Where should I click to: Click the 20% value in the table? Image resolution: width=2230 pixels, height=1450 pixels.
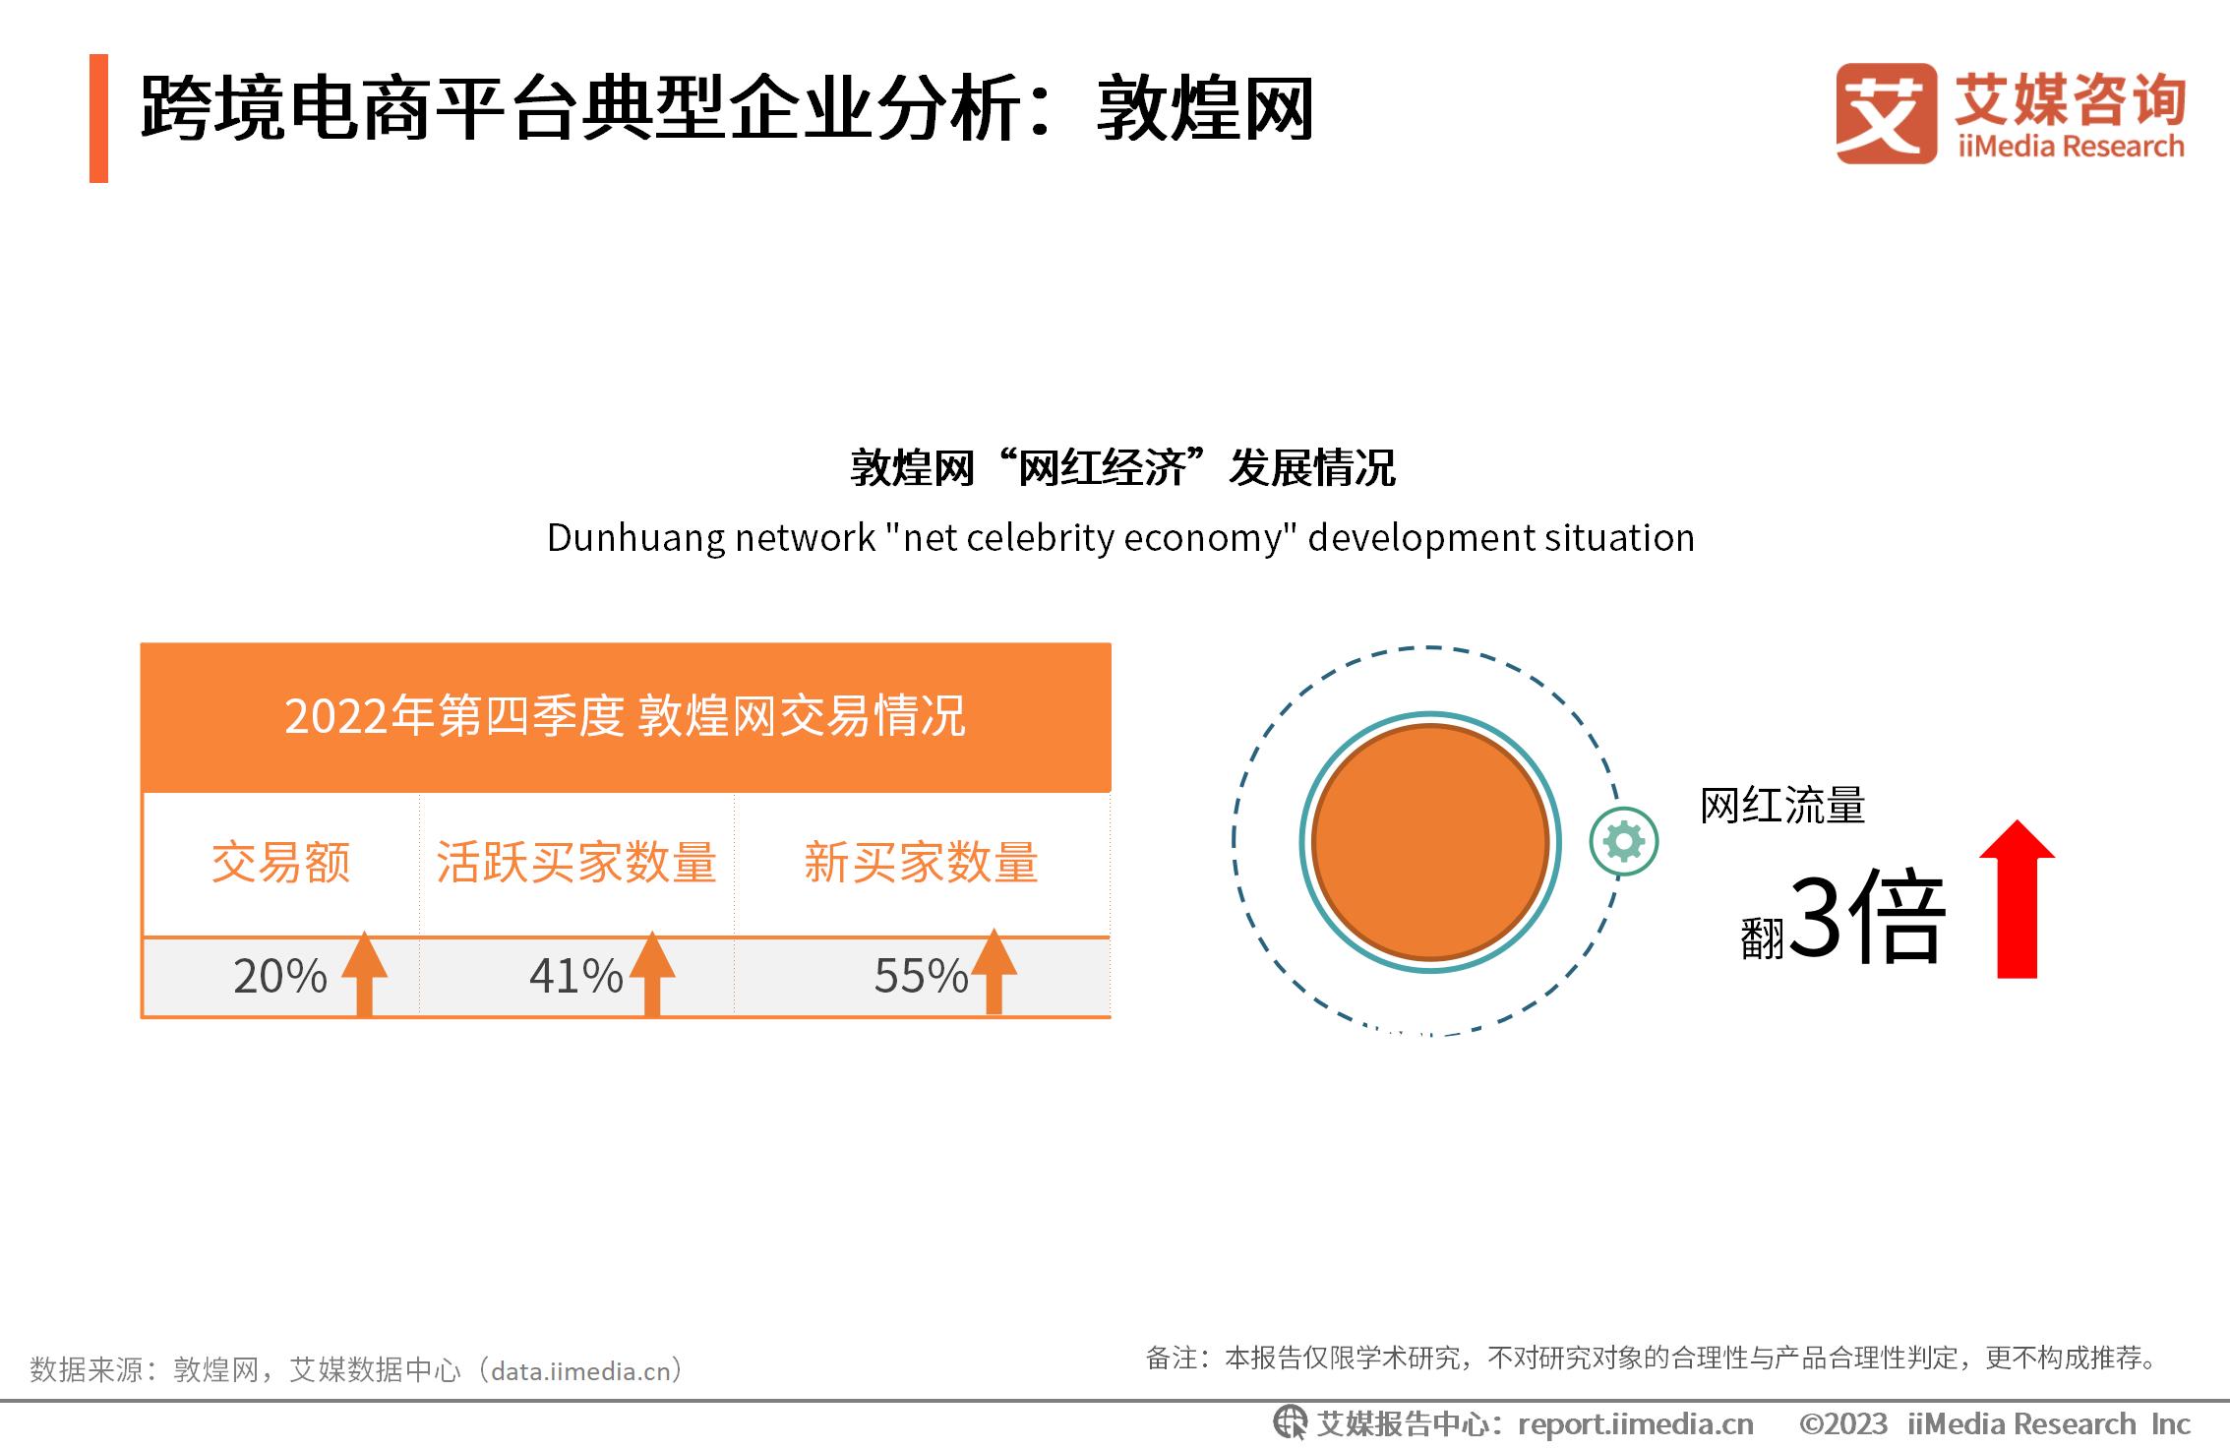pyautogui.click(x=279, y=976)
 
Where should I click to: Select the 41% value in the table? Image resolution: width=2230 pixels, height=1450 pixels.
pyautogui.click(x=575, y=976)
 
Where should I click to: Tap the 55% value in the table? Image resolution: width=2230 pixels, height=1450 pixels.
pyautogui.click(x=921, y=976)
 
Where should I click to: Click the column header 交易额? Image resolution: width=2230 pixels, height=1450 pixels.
pyautogui.click(x=281, y=863)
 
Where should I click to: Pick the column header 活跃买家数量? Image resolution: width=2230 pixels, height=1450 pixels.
pyautogui.click(x=576, y=863)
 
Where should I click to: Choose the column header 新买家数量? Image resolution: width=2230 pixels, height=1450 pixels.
pyautogui.click(x=921, y=863)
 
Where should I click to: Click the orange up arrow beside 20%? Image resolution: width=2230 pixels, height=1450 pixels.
pyautogui.click(x=364, y=972)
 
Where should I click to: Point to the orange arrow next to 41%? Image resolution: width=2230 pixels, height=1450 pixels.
pyautogui.click(x=652, y=972)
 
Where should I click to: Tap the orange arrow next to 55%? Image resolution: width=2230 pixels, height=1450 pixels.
pyautogui.click(x=994, y=971)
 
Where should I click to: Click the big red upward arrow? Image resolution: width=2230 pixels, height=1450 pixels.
pyautogui.click(x=2018, y=899)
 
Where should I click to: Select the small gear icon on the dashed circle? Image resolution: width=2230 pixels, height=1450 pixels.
pyautogui.click(x=1624, y=841)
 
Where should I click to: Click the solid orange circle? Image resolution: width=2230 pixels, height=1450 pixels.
pyautogui.click(x=1430, y=842)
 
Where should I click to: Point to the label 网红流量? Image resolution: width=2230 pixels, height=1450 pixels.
pyautogui.click(x=1782, y=806)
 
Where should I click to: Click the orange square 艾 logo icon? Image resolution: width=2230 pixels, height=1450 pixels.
pyautogui.click(x=1886, y=113)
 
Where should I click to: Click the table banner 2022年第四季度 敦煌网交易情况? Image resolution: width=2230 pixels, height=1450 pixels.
pyautogui.click(x=626, y=716)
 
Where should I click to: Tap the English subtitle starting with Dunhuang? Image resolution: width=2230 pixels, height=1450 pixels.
pyautogui.click(x=1120, y=538)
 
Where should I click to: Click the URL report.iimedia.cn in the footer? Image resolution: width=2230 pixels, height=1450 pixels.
pyautogui.click(x=1636, y=1423)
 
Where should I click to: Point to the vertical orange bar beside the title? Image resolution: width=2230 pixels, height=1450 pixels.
pyautogui.click(x=98, y=118)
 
